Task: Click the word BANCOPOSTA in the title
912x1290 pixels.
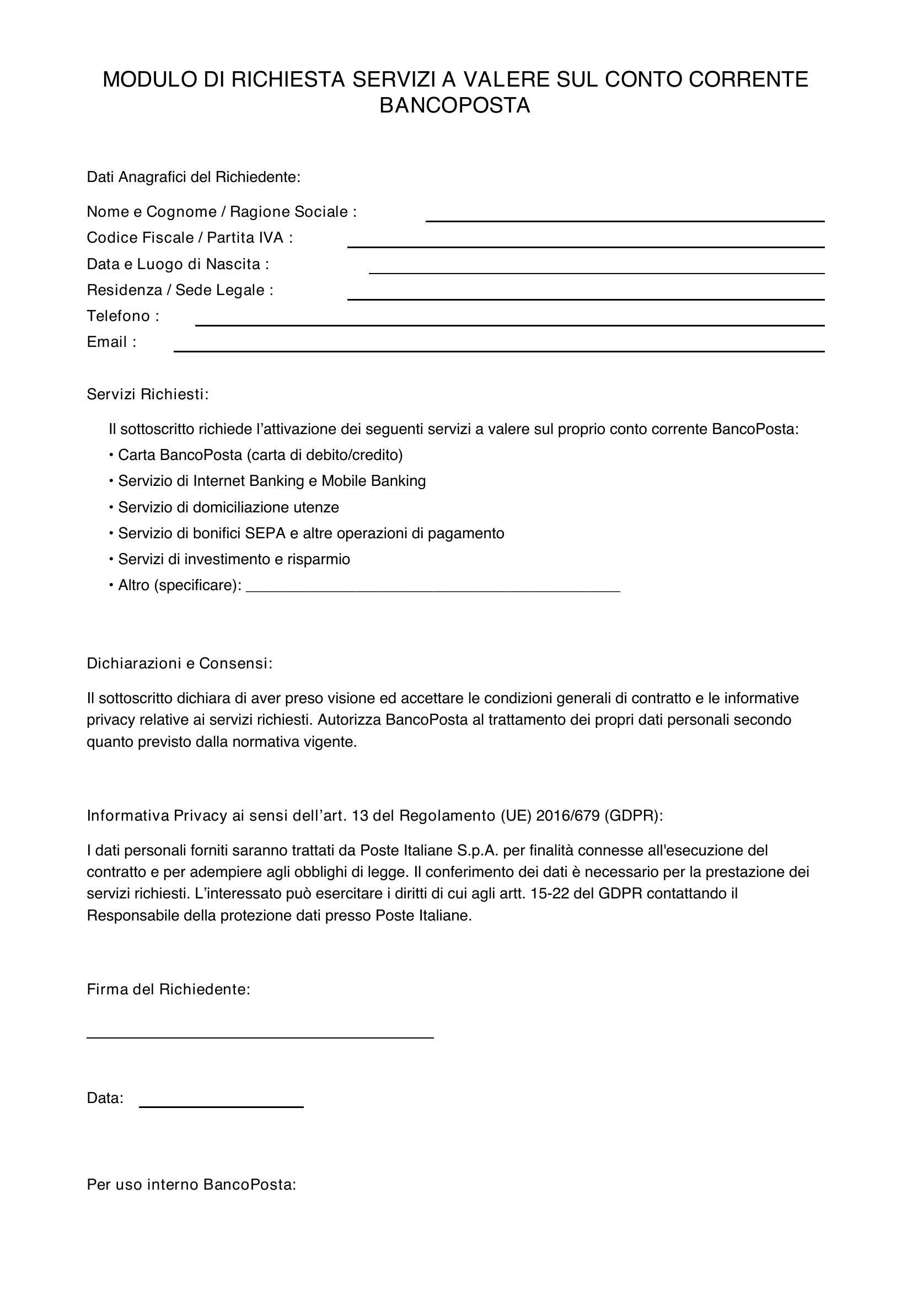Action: (x=454, y=106)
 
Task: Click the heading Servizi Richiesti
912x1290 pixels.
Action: (x=147, y=394)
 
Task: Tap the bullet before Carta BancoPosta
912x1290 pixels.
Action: (x=111, y=455)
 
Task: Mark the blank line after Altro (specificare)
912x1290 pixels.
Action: (x=433, y=590)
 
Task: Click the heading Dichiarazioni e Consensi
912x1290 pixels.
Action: (x=179, y=663)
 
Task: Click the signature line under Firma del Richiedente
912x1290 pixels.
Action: (x=260, y=1037)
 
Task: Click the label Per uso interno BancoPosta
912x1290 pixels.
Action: (x=191, y=1185)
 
